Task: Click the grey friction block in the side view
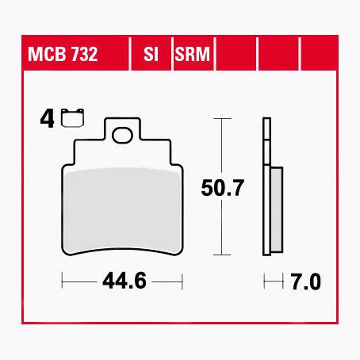coord(277,210)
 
